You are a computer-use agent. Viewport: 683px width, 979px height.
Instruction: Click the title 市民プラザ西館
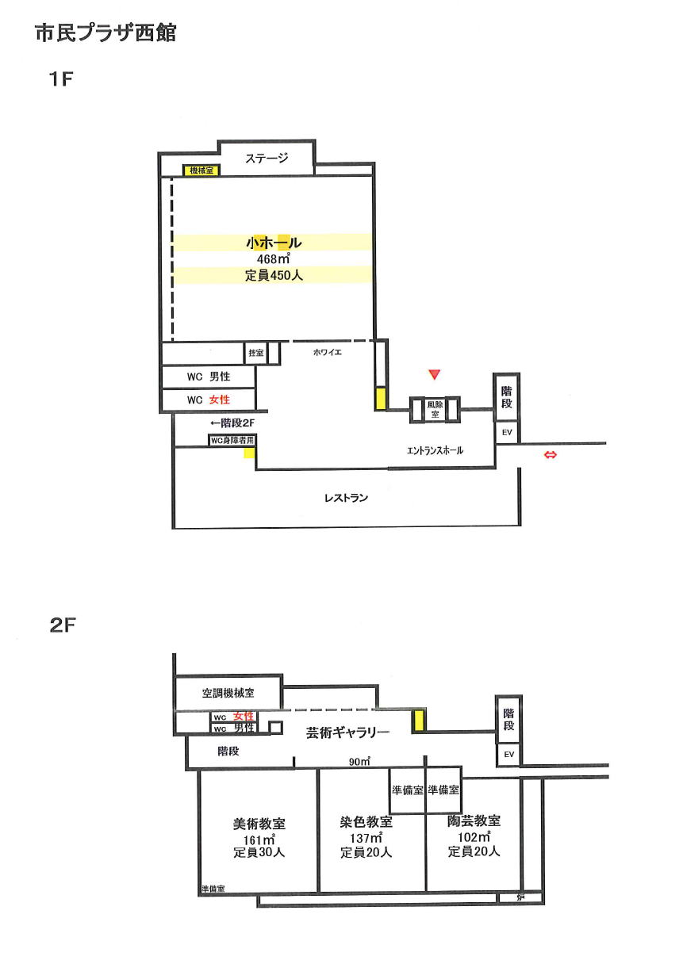click(106, 33)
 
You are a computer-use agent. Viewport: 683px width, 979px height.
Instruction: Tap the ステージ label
click(266, 158)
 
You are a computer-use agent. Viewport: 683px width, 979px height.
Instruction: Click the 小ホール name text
click(274, 243)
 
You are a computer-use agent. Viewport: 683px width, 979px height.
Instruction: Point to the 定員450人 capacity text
click(274, 276)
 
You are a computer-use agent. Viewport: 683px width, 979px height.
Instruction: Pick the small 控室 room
click(255, 353)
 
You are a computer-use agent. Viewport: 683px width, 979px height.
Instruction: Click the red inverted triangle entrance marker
click(433, 373)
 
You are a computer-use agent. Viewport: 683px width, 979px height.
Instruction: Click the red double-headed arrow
click(549, 454)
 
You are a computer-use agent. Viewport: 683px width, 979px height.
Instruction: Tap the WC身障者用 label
click(232, 440)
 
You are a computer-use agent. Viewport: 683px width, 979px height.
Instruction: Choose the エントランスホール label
click(435, 450)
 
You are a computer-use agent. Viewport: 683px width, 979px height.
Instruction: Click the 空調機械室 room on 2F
click(228, 693)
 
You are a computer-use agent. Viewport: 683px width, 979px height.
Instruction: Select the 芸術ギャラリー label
click(347, 733)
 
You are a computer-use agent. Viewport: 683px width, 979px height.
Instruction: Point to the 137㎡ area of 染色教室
click(366, 839)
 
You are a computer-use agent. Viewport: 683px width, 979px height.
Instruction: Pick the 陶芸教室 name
click(474, 822)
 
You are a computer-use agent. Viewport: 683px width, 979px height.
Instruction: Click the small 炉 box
click(520, 898)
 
